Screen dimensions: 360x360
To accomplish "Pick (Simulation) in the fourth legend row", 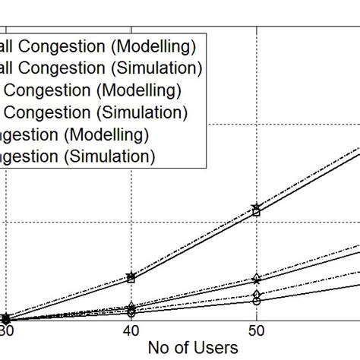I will [144, 113].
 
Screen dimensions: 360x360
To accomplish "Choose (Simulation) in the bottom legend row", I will [109, 156].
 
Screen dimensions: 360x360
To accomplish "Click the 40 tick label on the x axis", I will [131, 333].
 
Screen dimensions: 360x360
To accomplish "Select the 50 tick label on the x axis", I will [257, 333].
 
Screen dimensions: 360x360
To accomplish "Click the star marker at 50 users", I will [257, 207].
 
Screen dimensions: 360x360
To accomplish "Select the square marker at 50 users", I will [257, 213].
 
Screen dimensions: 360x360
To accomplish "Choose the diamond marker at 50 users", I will [257, 293].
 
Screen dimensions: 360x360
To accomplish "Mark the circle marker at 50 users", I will [257, 301].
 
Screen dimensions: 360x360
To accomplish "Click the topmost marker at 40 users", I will [131, 276].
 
